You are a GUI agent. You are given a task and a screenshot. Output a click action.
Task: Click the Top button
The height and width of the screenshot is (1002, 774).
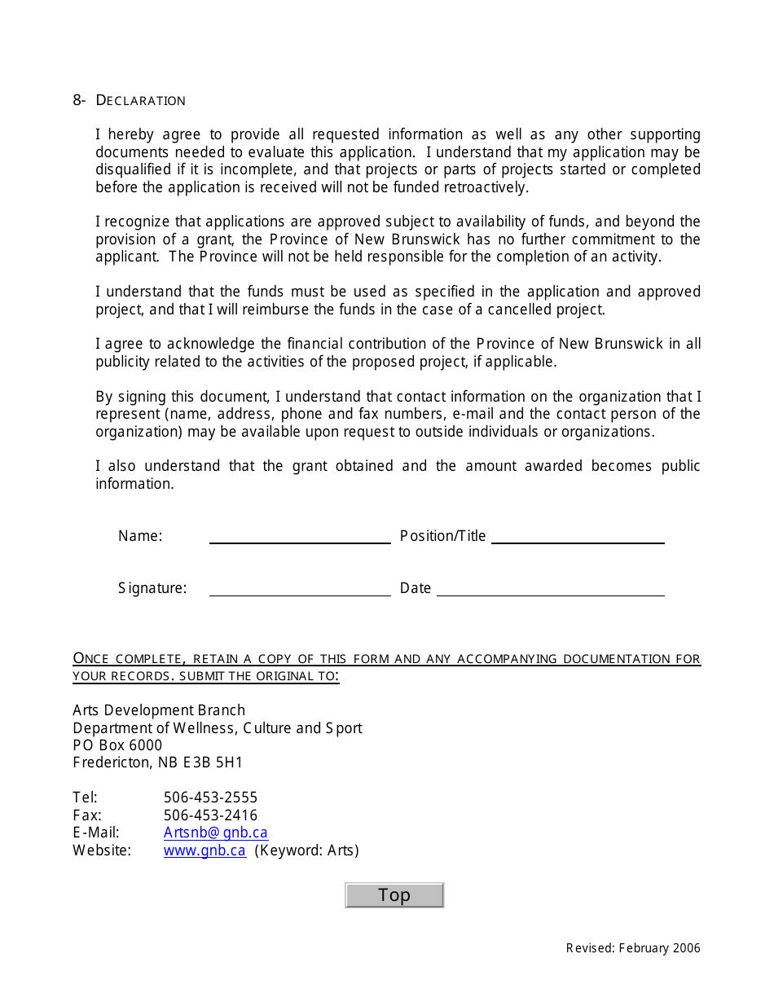[394, 894]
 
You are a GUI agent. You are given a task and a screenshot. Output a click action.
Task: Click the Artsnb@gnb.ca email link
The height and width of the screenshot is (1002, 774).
[215, 833]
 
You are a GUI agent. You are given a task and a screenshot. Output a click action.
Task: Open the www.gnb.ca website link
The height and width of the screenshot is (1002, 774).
[204, 850]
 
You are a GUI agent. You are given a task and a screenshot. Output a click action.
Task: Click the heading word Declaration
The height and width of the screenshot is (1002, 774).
[141, 100]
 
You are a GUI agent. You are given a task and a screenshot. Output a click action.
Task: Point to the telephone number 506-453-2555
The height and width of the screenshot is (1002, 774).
[210, 798]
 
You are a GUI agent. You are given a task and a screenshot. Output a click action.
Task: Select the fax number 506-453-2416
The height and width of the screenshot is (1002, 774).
[210, 815]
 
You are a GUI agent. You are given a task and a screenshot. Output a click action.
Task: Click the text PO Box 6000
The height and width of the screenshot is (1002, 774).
[117, 745]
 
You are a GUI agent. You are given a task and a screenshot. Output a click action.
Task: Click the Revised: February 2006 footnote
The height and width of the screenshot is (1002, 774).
[633, 948]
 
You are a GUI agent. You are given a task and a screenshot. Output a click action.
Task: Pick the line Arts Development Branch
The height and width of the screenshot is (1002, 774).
[159, 710]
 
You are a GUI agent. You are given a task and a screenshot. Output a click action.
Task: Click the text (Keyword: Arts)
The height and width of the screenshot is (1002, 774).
[307, 850]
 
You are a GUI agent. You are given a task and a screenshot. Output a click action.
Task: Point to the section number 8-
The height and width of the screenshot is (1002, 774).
[79, 100]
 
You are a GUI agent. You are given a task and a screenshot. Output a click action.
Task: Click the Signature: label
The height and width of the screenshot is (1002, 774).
[152, 588]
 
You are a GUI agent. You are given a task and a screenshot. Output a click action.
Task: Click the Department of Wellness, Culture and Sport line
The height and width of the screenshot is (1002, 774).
[218, 728]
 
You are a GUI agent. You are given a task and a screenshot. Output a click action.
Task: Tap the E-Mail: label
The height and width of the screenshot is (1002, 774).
[96, 833]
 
